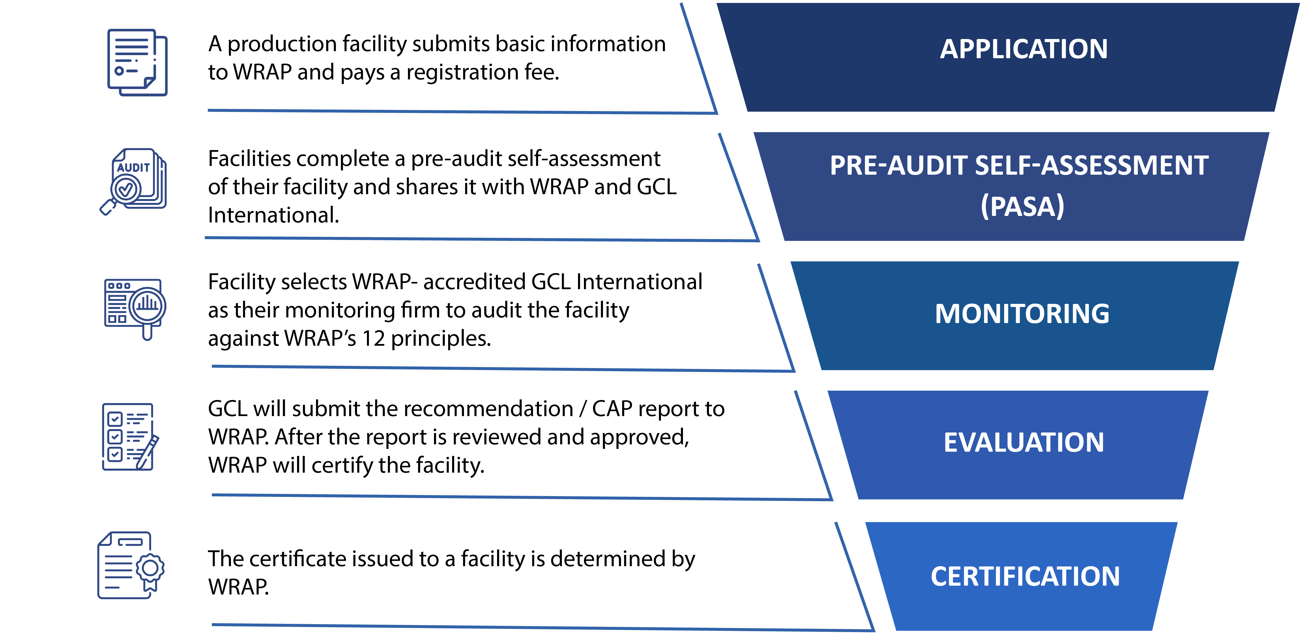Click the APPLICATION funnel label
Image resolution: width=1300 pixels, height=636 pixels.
(1023, 49)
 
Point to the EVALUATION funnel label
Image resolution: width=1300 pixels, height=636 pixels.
(1023, 443)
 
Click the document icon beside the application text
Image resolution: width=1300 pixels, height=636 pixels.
(137, 62)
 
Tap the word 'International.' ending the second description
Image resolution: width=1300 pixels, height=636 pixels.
(273, 215)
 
